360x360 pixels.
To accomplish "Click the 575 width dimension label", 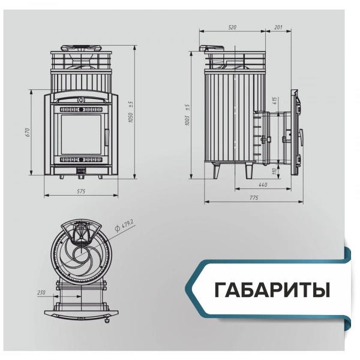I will (83, 191).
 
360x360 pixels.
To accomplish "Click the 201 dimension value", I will (278, 28).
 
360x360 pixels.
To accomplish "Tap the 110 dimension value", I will (274, 172).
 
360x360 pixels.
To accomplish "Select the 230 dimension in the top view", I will (41, 292).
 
